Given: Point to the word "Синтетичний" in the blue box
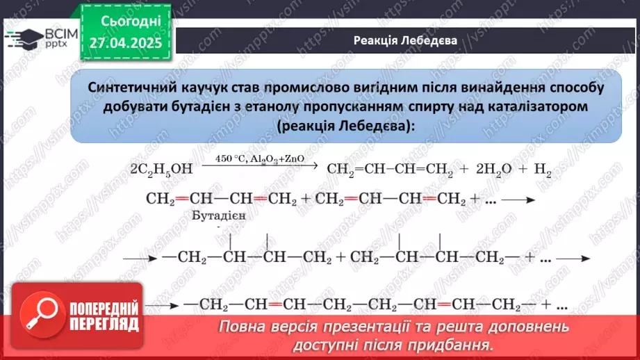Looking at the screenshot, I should pyautogui.click(x=129, y=88).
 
